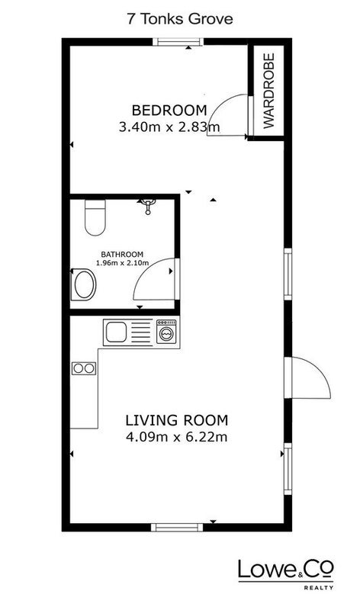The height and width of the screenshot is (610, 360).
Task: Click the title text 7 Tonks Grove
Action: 180,18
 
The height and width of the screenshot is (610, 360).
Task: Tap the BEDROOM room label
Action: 169,110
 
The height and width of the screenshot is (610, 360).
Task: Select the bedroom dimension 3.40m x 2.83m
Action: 169,127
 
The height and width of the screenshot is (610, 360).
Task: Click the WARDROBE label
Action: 269,91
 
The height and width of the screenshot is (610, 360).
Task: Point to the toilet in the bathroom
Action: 95,217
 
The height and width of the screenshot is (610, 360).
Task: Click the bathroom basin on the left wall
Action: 84,284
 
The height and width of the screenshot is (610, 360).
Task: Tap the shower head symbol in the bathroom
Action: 148,206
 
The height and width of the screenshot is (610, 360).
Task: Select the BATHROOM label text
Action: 122,255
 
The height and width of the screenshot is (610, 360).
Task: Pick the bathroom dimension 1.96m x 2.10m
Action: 122,262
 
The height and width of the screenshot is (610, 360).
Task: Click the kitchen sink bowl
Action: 116,332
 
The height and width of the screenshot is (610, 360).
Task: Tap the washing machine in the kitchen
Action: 166,332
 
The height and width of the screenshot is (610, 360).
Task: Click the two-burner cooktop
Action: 84,368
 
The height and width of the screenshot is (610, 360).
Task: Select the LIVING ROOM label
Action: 177,421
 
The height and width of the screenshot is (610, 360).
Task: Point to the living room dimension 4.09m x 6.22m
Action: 177,437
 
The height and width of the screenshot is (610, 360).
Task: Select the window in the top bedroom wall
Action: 178,42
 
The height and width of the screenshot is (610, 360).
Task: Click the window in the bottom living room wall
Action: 177,528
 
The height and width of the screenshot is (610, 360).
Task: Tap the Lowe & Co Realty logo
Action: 286,575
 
